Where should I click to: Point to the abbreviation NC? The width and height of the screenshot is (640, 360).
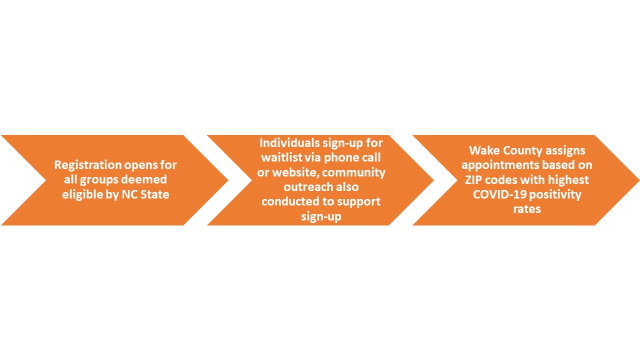(130, 194)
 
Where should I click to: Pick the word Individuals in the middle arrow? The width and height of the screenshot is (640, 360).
(289, 143)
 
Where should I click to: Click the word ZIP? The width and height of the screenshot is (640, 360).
(473, 180)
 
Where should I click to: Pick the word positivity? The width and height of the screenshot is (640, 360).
(555, 195)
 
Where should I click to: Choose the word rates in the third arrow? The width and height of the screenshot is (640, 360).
(527, 209)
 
